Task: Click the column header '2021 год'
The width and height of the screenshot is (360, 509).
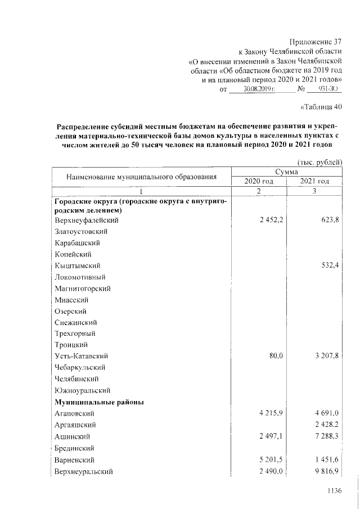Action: tap(314, 181)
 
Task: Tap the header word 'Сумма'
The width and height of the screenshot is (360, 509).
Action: tap(286, 172)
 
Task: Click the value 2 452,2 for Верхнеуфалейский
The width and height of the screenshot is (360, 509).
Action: tap(271, 220)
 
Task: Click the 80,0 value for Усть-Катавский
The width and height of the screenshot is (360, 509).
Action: tap(275, 356)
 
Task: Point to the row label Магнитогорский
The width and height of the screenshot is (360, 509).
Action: tap(83, 289)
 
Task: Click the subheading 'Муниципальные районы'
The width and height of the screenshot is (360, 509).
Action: tap(99, 402)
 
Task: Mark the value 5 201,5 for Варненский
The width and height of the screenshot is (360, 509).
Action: tap(271, 460)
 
